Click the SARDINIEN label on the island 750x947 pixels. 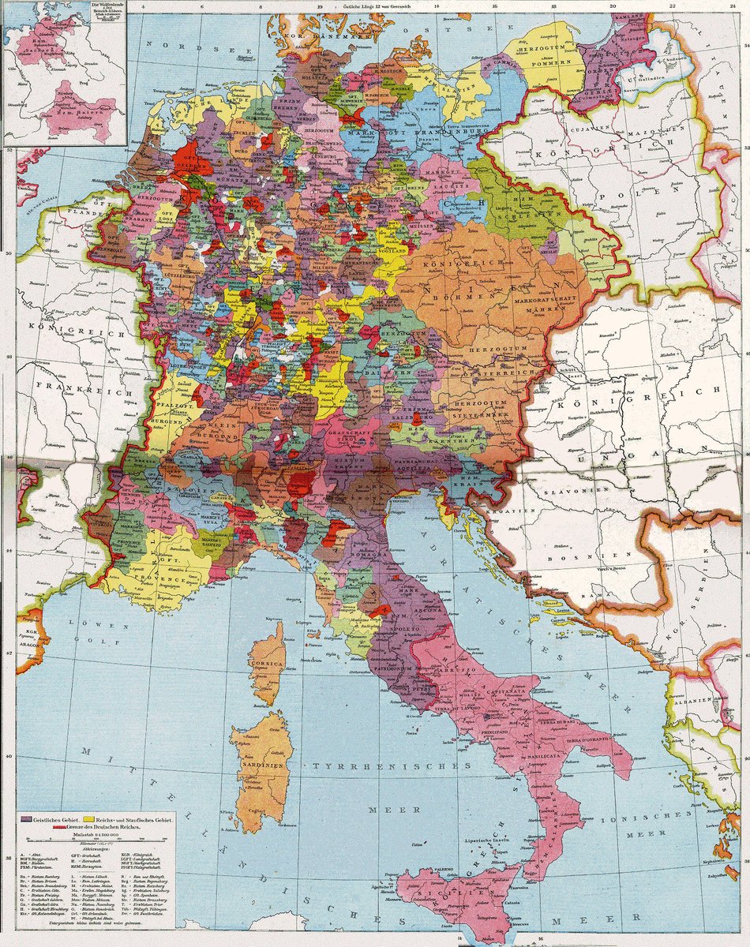click(257, 765)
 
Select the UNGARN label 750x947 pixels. click(614, 457)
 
